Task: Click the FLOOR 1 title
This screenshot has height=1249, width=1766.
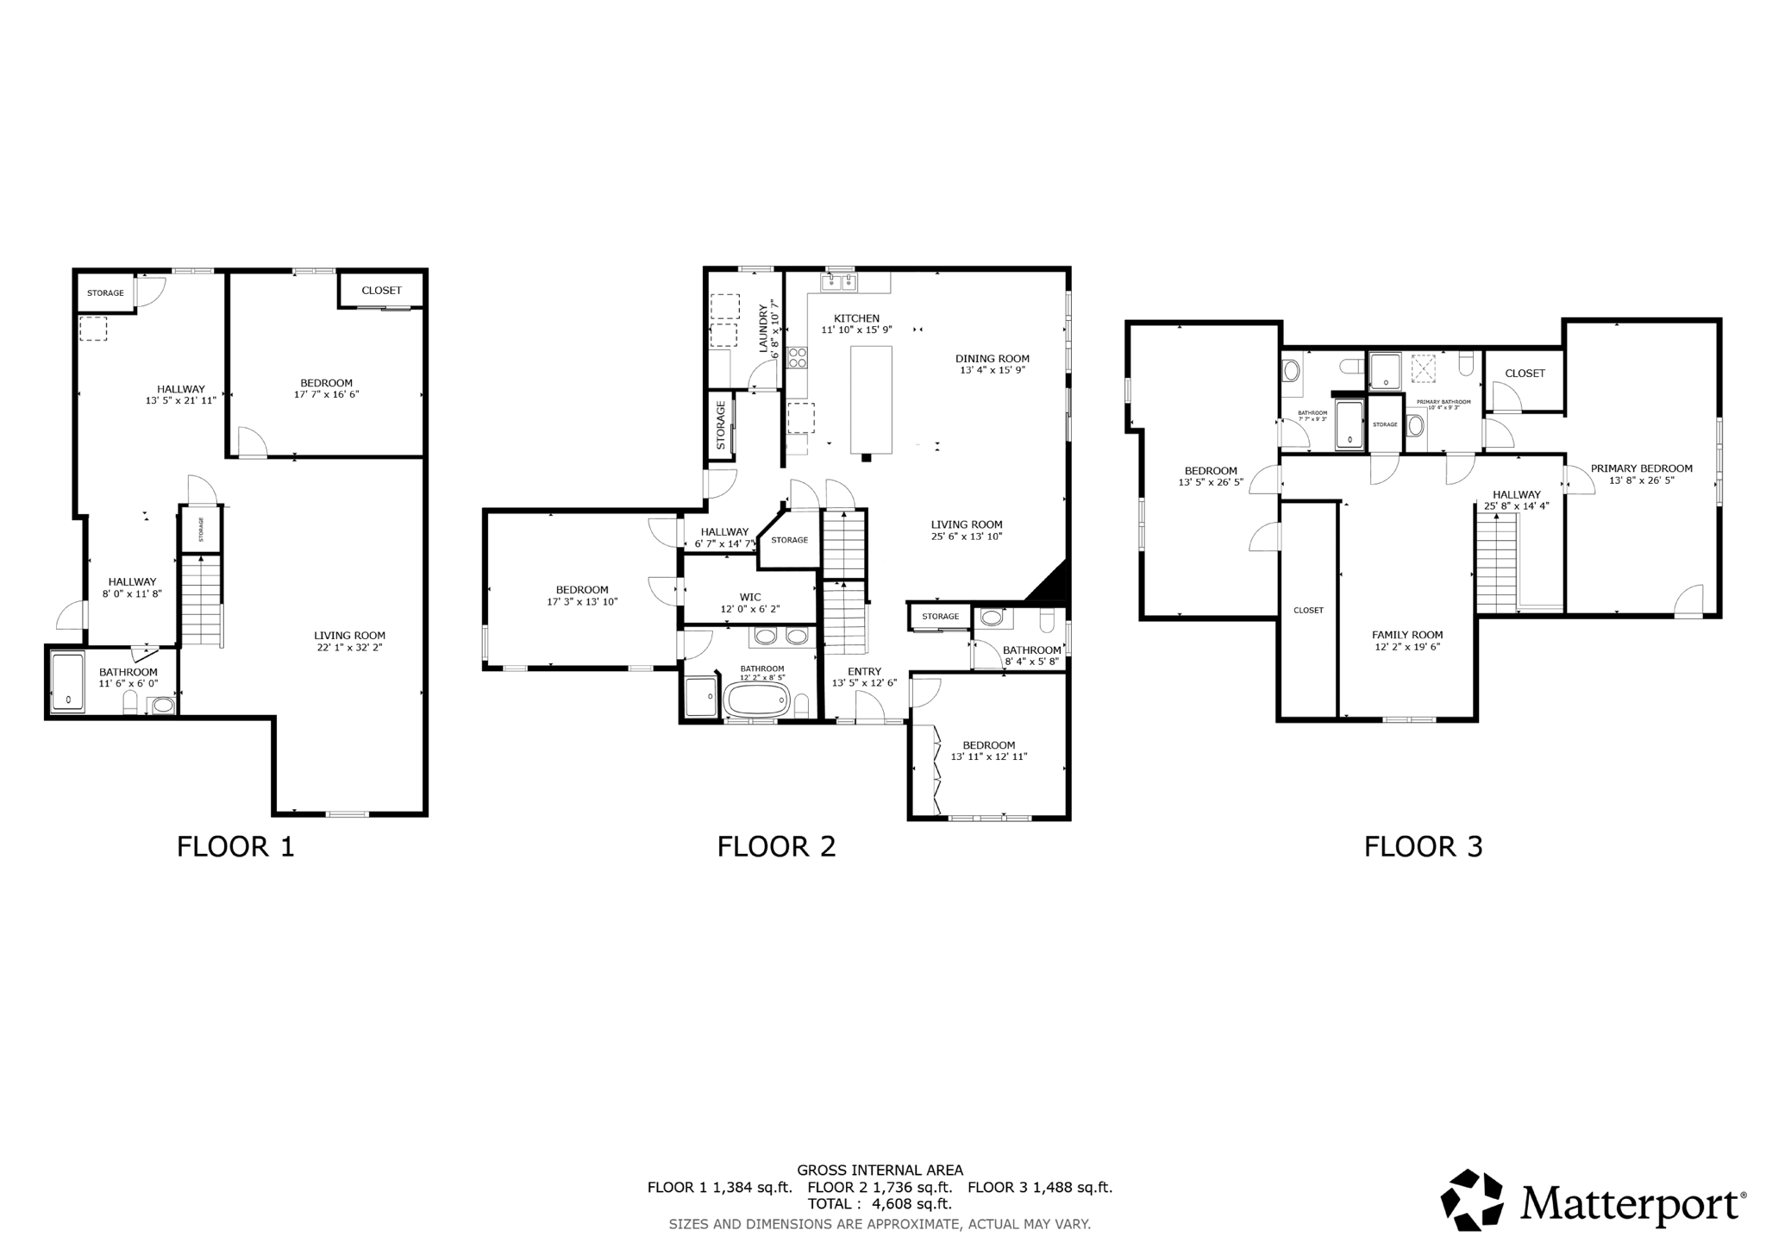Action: click(235, 846)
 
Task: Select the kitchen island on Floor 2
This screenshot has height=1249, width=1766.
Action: click(871, 399)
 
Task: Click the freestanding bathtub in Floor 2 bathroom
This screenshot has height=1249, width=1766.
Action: click(756, 700)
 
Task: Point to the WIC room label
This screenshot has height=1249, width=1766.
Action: click(750, 597)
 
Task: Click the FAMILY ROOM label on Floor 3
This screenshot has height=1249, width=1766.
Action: click(1407, 635)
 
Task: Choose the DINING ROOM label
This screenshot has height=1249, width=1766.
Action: click(992, 359)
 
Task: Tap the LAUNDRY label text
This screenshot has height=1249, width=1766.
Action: click(763, 328)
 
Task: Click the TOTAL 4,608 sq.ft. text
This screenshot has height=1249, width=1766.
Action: click(879, 1203)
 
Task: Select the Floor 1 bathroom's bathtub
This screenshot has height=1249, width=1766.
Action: click(68, 683)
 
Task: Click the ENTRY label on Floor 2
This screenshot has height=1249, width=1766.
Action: click(864, 671)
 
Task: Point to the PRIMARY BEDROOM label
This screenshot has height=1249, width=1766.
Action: click(1641, 468)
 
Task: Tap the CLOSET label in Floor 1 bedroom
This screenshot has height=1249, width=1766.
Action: click(381, 291)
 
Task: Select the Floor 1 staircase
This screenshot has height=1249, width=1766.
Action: click(201, 599)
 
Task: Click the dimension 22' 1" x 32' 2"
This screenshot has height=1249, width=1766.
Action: click(349, 647)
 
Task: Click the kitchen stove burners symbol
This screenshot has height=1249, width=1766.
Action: click(797, 357)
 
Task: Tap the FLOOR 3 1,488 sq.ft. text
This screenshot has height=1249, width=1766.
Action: click(1039, 1187)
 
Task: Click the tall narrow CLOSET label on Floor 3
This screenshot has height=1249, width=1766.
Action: click(1308, 610)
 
